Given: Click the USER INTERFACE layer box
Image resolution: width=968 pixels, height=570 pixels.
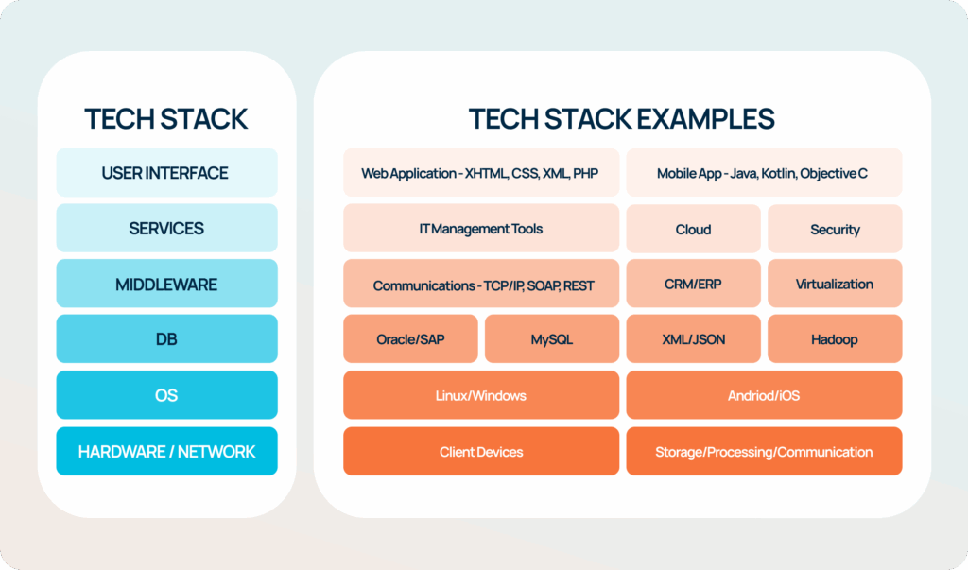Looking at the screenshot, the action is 166,172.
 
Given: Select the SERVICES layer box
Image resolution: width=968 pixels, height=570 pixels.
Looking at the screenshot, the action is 166,228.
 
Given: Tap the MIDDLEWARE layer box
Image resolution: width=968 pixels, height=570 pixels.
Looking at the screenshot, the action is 166,284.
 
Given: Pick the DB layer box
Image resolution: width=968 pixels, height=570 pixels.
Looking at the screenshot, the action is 166,339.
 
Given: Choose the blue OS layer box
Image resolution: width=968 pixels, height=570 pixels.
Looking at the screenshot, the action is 166,395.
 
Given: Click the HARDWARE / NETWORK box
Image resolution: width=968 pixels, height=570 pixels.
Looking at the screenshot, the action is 166,452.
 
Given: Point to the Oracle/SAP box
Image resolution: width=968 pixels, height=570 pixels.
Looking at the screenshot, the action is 410,339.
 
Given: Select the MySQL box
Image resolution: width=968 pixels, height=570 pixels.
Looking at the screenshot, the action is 552,339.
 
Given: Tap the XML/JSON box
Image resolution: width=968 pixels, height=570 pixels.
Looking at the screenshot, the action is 693,339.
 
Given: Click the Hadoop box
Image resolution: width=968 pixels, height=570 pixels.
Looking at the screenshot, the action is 835,339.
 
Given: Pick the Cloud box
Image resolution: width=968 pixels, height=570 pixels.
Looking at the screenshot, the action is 693,229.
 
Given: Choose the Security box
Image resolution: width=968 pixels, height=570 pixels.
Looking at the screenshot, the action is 835,229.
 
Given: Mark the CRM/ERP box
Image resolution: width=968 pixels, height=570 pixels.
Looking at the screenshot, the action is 693,284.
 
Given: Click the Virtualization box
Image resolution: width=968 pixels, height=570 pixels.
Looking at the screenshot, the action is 835,284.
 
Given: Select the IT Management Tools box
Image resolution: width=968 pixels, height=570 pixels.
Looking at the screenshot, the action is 481,228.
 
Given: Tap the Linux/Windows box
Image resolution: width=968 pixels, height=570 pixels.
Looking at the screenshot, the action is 481,395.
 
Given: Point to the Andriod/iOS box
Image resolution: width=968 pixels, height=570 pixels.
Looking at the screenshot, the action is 764,395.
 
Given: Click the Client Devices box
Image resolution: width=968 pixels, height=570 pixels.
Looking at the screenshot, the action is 481,452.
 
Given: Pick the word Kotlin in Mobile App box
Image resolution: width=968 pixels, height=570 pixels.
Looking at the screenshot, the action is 779,174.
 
